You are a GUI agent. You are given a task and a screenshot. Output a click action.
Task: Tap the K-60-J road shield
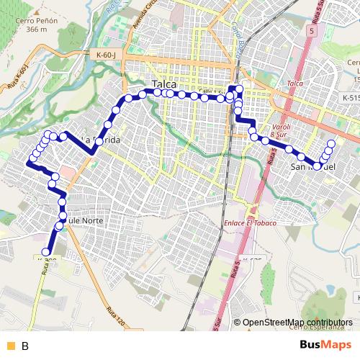click(106, 54)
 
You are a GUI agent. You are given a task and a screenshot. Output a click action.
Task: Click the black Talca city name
click(164, 84)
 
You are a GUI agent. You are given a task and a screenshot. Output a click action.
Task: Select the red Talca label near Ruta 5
click(294, 84)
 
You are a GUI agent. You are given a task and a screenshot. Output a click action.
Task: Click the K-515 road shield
click(350, 97)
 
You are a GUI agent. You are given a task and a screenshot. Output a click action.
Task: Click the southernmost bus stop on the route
click(48, 251)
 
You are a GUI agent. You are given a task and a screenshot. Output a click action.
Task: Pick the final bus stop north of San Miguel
click(331, 143)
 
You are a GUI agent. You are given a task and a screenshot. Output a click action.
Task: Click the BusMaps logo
click(325, 346)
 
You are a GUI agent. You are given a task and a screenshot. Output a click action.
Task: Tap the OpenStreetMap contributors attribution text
click(297, 323)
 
